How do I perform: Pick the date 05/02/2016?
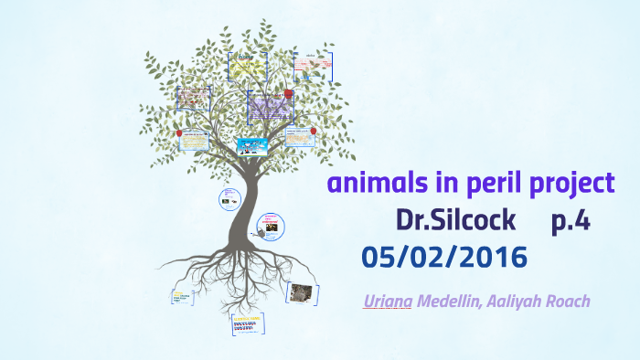click(x=444, y=258)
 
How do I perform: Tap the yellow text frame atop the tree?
click(x=246, y=66)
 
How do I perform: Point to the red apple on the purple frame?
click(x=289, y=93)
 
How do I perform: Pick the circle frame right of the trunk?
click(x=270, y=224)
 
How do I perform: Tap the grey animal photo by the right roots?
click(x=300, y=291)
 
